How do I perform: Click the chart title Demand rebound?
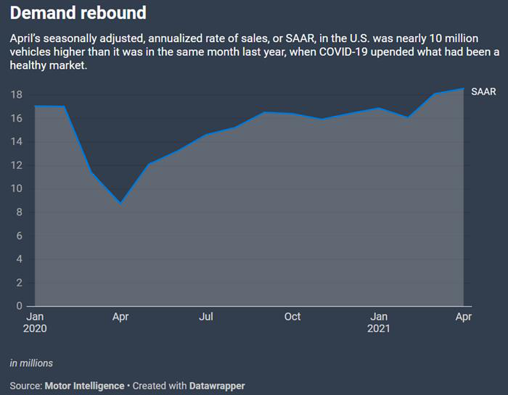[78, 13]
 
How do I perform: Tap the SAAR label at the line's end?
[484, 91]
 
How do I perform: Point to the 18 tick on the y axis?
[16, 95]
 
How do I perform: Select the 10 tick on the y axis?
[16, 189]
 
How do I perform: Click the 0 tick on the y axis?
[19, 306]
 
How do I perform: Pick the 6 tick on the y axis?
[19, 236]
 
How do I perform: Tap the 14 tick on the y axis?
[16, 142]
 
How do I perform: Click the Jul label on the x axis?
[206, 317]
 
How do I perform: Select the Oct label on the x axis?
[292, 317]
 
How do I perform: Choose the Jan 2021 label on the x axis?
[379, 323]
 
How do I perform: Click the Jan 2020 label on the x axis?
[35, 323]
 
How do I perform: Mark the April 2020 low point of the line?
[121, 203]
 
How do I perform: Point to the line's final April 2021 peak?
[463, 89]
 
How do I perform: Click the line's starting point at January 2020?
[35, 107]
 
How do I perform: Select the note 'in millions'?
[31, 363]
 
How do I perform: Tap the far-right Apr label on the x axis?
[463, 317]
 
